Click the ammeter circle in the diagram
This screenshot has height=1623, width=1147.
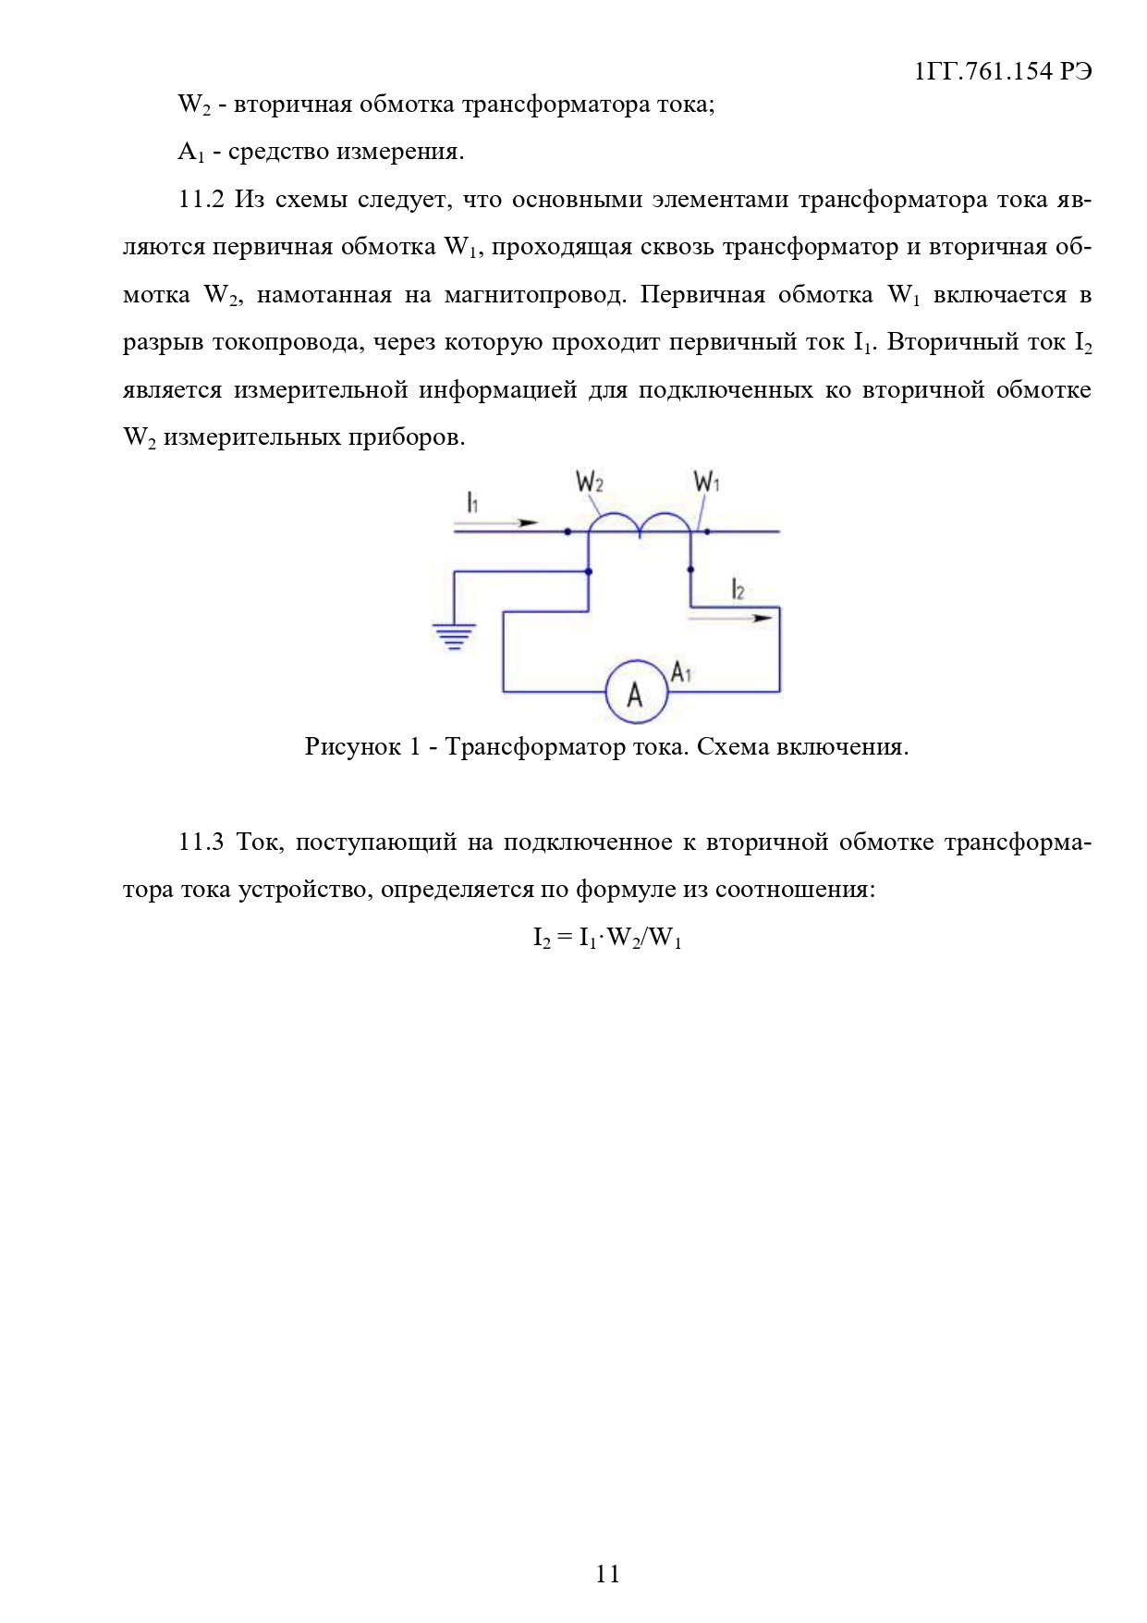point(636,692)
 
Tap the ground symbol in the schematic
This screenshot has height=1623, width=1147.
point(454,635)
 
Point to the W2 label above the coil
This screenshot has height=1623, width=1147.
point(590,482)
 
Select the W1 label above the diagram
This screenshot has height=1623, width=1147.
point(707,482)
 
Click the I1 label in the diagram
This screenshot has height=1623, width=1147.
point(472,502)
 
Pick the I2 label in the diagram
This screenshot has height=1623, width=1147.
point(738,589)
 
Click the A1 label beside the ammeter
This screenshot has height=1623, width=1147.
point(681,672)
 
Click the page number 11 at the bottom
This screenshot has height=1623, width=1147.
point(607,1574)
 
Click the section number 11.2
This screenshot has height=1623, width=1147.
point(201,200)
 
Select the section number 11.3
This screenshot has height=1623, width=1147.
point(201,842)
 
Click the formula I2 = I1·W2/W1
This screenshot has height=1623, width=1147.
point(607,938)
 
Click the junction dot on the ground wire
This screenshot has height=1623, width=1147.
point(589,572)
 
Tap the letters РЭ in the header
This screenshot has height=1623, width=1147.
point(1076,71)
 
